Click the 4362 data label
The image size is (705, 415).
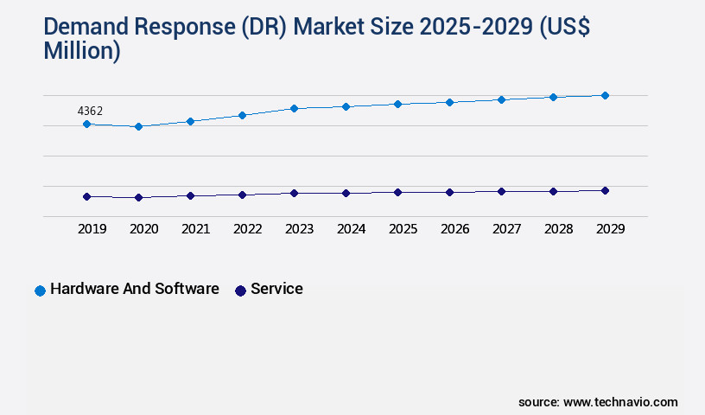(x=90, y=111)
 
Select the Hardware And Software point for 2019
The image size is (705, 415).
(x=86, y=124)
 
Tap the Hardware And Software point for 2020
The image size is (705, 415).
(x=138, y=127)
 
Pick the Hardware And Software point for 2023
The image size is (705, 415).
(x=294, y=109)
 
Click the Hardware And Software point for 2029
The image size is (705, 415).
(x=605, y=95)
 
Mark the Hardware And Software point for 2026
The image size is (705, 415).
(x=449, y=102)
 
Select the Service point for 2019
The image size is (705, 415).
(x=86, y=197)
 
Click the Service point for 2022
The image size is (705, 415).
(x=242, y=195)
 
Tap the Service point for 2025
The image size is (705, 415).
(x=397, y=193)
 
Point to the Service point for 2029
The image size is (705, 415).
(x=605, y=190)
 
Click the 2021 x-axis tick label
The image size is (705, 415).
(x=195, y=229)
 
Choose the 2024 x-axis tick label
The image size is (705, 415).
(x=351, y=229)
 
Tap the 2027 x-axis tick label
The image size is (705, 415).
(x=506, y=229)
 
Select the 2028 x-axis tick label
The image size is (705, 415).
(x=558, y=229)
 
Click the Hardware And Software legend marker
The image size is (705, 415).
(x=40, y=290)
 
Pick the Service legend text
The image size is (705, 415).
(x=276, y=290)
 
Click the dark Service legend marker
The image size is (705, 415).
(x=240, y=290)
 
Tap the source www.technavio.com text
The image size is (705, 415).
(x=598, y=402)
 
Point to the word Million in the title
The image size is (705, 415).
(x=81, y=51)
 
